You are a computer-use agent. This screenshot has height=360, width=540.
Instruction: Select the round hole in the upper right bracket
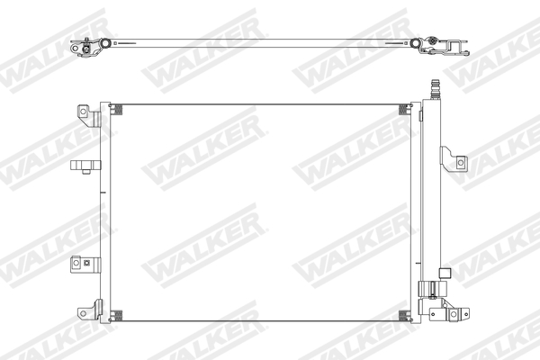[x=461, y=163]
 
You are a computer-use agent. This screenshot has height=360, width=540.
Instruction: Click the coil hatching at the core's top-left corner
[x=117, y=111]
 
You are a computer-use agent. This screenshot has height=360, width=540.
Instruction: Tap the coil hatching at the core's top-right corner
[x=402, y=111]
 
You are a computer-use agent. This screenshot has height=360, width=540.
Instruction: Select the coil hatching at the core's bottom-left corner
[x=117, y=316]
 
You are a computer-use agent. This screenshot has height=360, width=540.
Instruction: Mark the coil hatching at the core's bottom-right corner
[x=402, y=316]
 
